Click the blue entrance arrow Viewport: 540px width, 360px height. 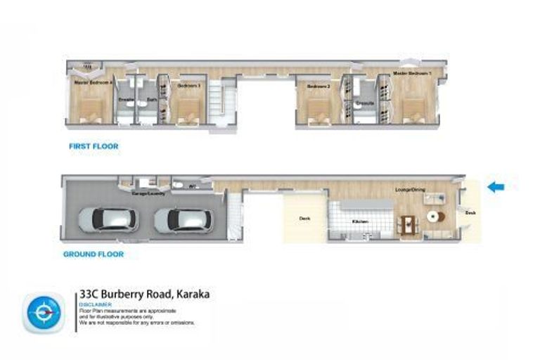coord(496,186)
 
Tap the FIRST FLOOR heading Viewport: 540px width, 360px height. coord(93,146)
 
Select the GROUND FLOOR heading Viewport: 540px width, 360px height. coord(94,254)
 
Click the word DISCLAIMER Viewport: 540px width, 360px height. coord(96,304)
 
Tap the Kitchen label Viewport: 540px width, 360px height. coord(360,221)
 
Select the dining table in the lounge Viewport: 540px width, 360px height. coord(407,224)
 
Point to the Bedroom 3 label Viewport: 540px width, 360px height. coord(188,85)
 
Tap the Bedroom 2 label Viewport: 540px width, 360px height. coord(319,86)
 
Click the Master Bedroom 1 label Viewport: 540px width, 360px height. coord(412,73)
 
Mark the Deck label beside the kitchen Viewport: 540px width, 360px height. coord(304,219)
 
